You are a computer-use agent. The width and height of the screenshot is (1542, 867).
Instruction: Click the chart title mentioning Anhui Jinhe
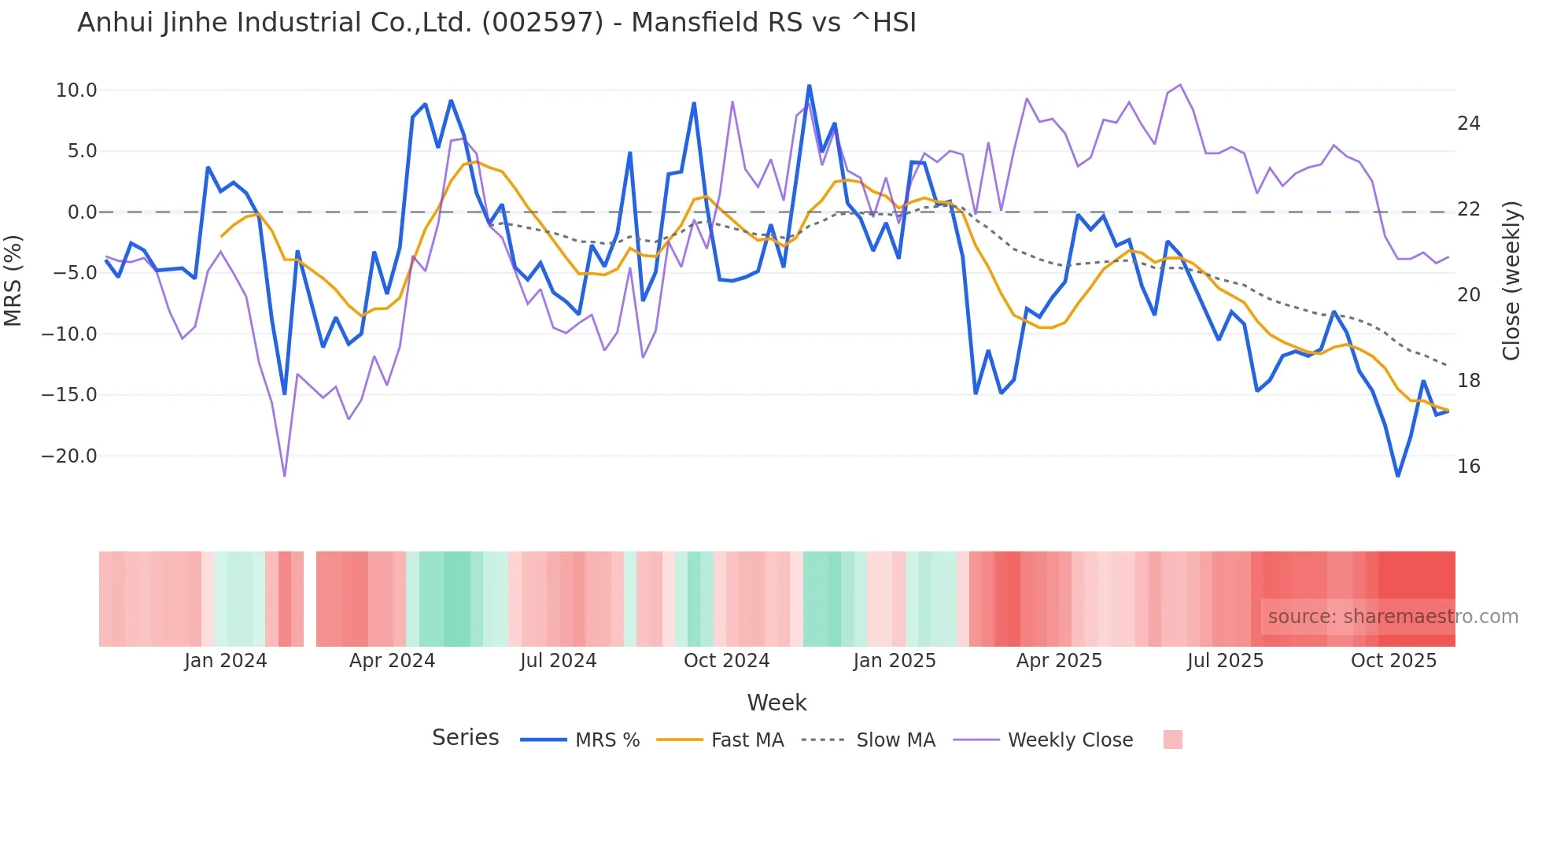[496, 23]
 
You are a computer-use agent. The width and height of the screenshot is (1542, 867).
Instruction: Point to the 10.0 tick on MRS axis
[76, 90]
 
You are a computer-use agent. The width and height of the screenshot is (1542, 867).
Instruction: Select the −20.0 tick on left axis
[69, 456]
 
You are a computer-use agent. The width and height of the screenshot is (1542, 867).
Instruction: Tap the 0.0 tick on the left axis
[82, 212]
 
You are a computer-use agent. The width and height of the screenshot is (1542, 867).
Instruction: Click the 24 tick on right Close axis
[1468, 124]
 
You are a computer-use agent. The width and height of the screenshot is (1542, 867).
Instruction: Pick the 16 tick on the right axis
[1468, 467]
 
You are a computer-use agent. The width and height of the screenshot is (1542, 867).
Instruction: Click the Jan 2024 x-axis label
[226, 661]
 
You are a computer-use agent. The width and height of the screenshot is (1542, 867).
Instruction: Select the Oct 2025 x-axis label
[1393, 661]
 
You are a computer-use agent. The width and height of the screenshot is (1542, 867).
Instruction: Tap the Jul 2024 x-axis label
[558, 661]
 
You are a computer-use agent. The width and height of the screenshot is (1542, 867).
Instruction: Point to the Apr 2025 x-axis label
[1059, 661]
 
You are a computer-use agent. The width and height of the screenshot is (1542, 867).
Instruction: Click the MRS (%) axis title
[13, 280]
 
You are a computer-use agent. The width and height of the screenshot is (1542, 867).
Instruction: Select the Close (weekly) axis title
[1511, 281]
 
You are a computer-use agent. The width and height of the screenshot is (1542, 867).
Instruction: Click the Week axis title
[777, 703]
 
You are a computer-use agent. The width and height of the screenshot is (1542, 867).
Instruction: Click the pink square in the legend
[1172, 740]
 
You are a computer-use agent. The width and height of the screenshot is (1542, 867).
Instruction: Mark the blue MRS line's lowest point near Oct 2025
[1398, 476]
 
